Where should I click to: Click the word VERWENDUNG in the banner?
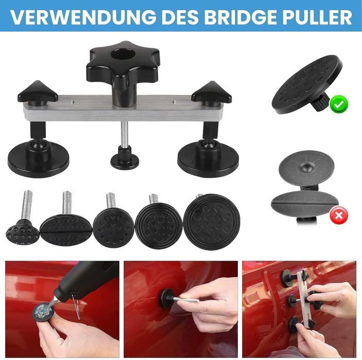click(83, 17)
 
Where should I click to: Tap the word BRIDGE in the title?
click(240, 17)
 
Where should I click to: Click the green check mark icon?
click(339, 105)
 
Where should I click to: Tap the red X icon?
click(339, 215)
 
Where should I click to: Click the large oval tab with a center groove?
click(66, 230)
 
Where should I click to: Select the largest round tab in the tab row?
click(212, 222)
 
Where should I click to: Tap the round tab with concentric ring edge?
click(159, 226)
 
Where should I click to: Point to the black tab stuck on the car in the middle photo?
click(167, 298)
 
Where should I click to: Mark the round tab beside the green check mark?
click(307, 85)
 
